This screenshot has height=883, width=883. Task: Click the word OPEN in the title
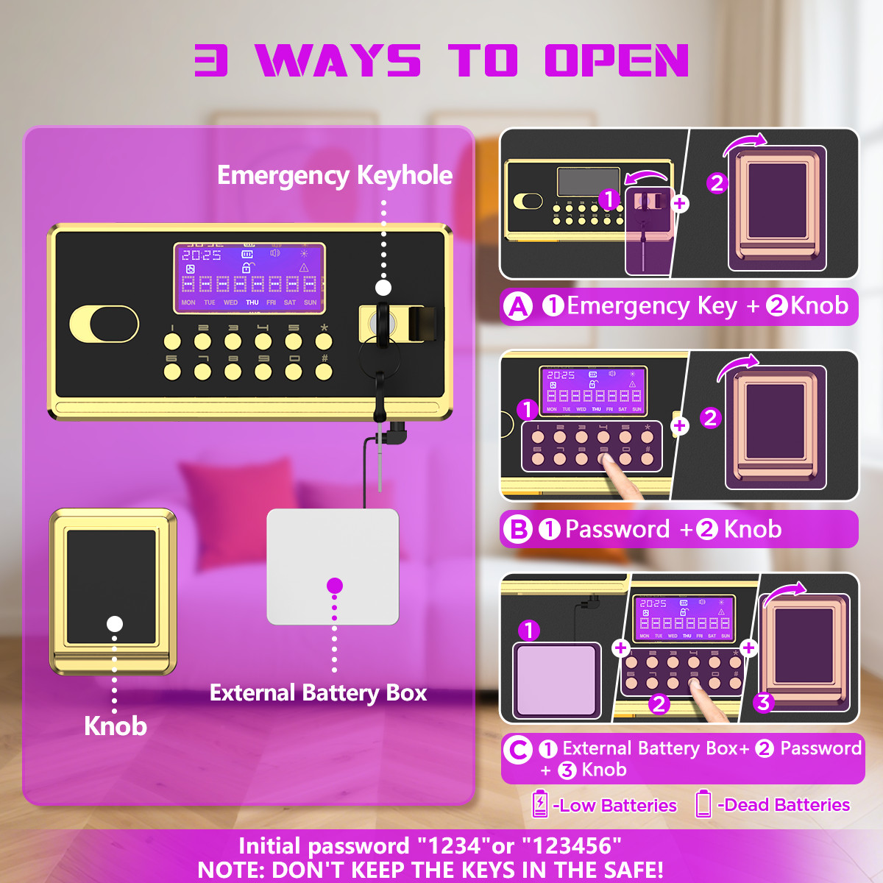point(617,60)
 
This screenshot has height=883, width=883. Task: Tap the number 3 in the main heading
point(211,60)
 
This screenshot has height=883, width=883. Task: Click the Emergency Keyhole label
point(335,175)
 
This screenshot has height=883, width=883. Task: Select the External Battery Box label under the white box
point(318,693)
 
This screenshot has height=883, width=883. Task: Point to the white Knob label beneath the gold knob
point(116,726)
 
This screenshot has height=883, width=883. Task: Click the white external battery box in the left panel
point(333,567)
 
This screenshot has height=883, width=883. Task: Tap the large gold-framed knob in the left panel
point(113,591)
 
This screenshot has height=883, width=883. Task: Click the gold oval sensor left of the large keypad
point(104,324)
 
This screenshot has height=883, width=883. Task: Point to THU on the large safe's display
point(252,302)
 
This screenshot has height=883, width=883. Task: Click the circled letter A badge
point(519,306)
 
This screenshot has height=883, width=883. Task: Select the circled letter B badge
point(518,529)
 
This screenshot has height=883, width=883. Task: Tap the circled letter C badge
point(518,750)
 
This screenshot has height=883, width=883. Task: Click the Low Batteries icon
point(540,804)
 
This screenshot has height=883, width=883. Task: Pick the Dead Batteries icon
point(703,804)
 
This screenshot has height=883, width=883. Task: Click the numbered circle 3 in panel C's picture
point(764,703)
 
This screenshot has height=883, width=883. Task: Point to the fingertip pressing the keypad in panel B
point(606,461)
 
